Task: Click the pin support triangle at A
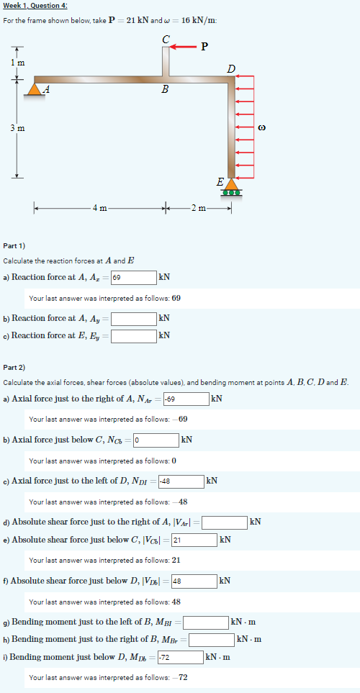pyautogui.click(x=34, y=89)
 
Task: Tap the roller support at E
pyautogui.click(x=231, y=188)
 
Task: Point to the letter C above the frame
pyautogui.click(x=167, y=38)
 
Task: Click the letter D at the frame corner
pyautogui.click(x=230, y=69)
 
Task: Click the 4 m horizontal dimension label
pyautogui.click(x=99, y=209)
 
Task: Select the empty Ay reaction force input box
pyautogui.click(x=134, y=317)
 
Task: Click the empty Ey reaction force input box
pyautogui.click(x=134, y=335)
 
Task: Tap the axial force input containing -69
pyautogui.click(x=185, y=398)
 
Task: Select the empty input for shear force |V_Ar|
pyautogui.click(x=224, y=521)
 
